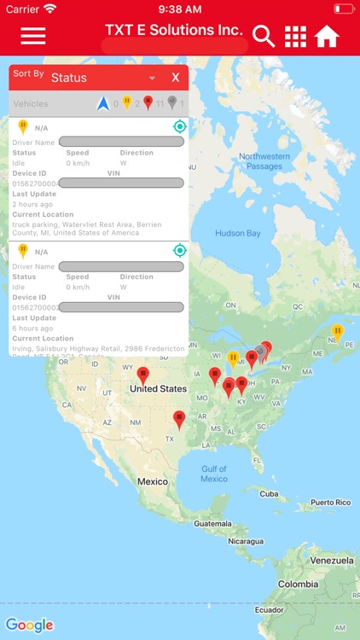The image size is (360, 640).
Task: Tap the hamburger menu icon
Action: (33, 36)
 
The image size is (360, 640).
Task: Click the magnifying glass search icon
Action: (264, 37)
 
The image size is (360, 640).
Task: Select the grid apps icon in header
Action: (295, 37)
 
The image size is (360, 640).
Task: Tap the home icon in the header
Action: (327, 37)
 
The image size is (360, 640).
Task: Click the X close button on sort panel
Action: (175, 78)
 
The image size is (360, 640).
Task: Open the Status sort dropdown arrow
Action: (153, 78)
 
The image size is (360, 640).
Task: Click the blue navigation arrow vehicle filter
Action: (104, 103)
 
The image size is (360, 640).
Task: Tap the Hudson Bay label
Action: (237, 233)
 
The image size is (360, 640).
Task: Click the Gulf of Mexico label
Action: (214, 474)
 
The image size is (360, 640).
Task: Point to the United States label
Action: (158, 389)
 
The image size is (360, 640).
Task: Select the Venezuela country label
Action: (330, 560)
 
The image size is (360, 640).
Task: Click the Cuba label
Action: (269, 493)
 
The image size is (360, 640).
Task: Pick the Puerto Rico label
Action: (330, 503)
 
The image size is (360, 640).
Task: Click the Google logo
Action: (29, 625)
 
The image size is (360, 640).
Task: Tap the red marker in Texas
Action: (179, 418)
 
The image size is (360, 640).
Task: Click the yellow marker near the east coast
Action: (337, 331)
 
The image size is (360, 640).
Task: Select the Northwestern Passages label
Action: (264, 161)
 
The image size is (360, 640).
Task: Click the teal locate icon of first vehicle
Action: (179, 126)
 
